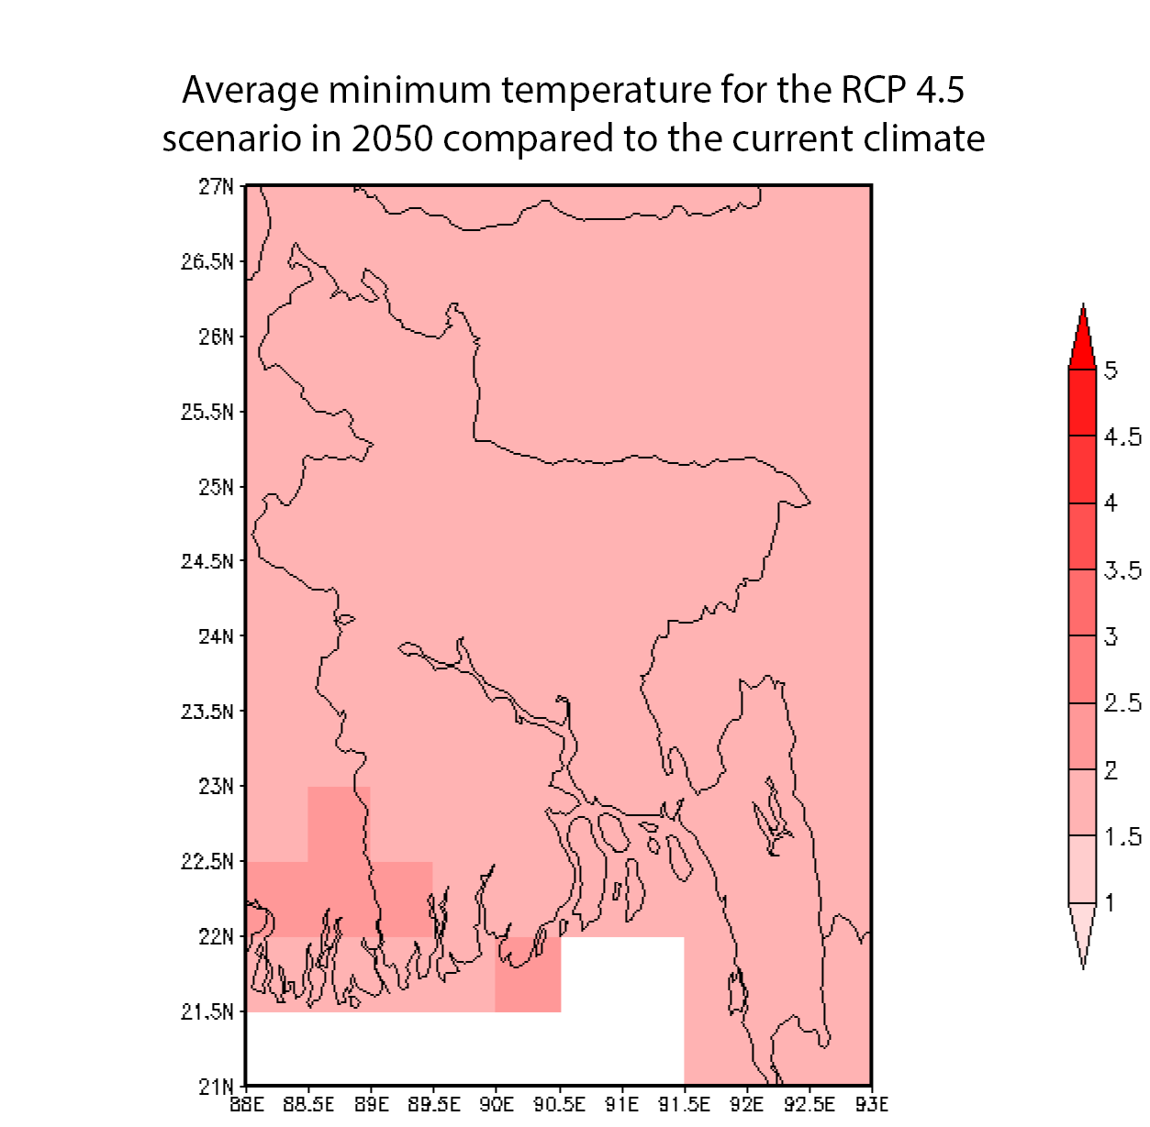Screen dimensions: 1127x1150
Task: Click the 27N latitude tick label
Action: coord(216,186)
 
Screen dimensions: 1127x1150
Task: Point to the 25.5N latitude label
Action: coord(207,411)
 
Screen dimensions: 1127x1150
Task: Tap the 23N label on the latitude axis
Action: coord(216,786)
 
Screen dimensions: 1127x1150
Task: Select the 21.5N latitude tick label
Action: coord(207,1011)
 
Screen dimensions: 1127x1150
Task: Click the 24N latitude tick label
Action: coord(216,635)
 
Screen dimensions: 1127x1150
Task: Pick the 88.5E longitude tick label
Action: coord(308,1104)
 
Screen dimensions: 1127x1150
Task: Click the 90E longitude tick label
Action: coord(496,1104)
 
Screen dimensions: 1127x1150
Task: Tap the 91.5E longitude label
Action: coord(684,1104)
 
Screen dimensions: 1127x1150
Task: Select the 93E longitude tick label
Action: coord(871,1104)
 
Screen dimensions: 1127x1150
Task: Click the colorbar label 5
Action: coord(1111,370)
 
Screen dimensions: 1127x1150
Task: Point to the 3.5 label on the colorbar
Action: coord(1122,570)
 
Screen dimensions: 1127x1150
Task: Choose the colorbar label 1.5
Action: coord(1122,836)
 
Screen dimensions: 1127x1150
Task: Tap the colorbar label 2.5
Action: coord(1122,703)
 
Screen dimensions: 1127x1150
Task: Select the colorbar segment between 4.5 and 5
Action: coord(1083,402)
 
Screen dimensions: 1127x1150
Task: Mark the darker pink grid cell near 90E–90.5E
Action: coord(528,974)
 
